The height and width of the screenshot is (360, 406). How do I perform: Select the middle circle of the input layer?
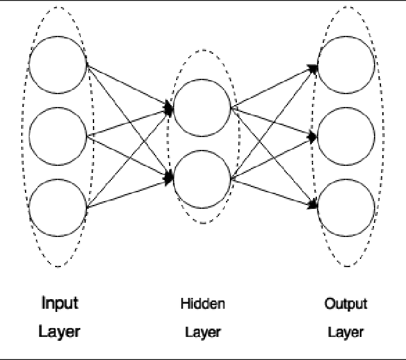coord(58,135)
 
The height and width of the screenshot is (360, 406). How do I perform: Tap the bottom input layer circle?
coord(58,207)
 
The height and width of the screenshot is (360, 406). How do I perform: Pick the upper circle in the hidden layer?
coord(201,107)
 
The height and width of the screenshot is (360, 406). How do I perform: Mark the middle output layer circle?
coord(346,136)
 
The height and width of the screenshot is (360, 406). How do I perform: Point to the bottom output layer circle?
coord(346,207)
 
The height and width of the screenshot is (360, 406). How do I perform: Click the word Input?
coord(60,302)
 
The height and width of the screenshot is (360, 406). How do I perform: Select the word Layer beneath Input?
coord(60,332)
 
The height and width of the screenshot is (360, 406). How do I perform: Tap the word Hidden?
coord(202,303)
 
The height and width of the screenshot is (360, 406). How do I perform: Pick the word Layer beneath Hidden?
coord(202,332)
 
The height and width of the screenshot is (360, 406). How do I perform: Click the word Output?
coord(346,303)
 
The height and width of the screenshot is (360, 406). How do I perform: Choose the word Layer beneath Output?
coord(346,332)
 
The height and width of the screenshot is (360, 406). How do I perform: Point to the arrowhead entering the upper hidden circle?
coord(169,107)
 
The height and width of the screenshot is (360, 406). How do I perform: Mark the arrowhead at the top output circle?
coord(313,67)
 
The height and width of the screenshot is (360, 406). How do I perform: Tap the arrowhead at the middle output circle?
coord(313,136)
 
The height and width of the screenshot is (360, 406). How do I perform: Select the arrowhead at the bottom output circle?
coord(313,205)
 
